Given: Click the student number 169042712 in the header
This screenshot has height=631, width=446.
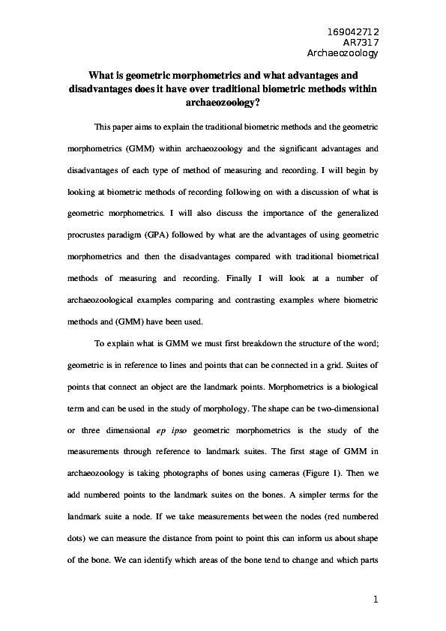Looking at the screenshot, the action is [x=354, y=32].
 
